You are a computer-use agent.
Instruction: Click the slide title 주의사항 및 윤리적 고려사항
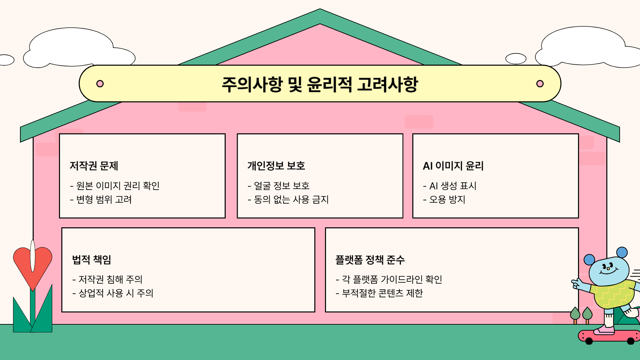click(x=320, y=84)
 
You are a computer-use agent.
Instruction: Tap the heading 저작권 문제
click(x=94, y=166)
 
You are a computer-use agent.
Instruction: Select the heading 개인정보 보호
click(x=276, y=166)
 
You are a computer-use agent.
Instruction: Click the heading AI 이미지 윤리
click(x=453, y=166)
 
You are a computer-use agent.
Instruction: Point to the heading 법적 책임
click(x=92, y=259)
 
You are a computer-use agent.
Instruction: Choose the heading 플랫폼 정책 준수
click(x=370, y=259)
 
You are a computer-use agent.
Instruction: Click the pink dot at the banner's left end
click(x=100, y=84)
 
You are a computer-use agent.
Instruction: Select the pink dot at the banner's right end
click(x=540, y=84)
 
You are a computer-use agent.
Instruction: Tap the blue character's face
click(x=608, y=270)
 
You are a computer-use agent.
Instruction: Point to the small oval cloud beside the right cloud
click(x=516, y=59)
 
